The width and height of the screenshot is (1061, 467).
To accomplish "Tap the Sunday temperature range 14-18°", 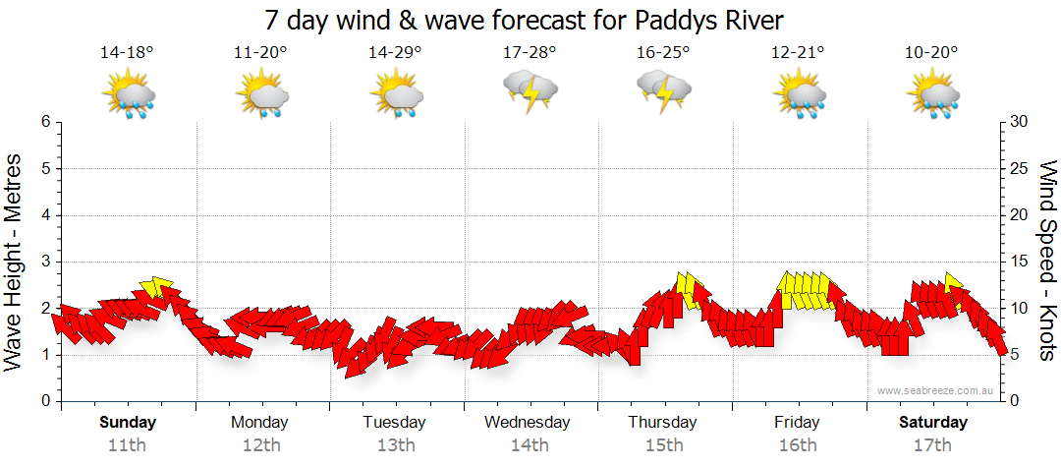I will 127,53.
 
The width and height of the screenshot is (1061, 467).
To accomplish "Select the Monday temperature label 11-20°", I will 260,53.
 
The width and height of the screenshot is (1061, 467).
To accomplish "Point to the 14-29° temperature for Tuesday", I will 395,53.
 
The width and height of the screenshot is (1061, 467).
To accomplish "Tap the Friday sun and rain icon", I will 799,95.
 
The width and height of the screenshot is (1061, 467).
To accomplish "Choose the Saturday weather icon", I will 933,95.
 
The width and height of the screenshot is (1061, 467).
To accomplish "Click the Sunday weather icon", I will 129,95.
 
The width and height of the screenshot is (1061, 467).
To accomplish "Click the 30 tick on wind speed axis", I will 1020,122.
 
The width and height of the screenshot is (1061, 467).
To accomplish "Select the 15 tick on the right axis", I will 1020,262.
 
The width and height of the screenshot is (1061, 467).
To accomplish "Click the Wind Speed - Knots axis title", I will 1046,262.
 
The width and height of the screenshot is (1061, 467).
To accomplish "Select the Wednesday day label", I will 528,423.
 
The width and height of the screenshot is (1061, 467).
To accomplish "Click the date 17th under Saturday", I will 932,444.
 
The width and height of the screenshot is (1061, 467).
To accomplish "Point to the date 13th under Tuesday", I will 395,444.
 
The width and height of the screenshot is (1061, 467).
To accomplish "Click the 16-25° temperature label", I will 663,53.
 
